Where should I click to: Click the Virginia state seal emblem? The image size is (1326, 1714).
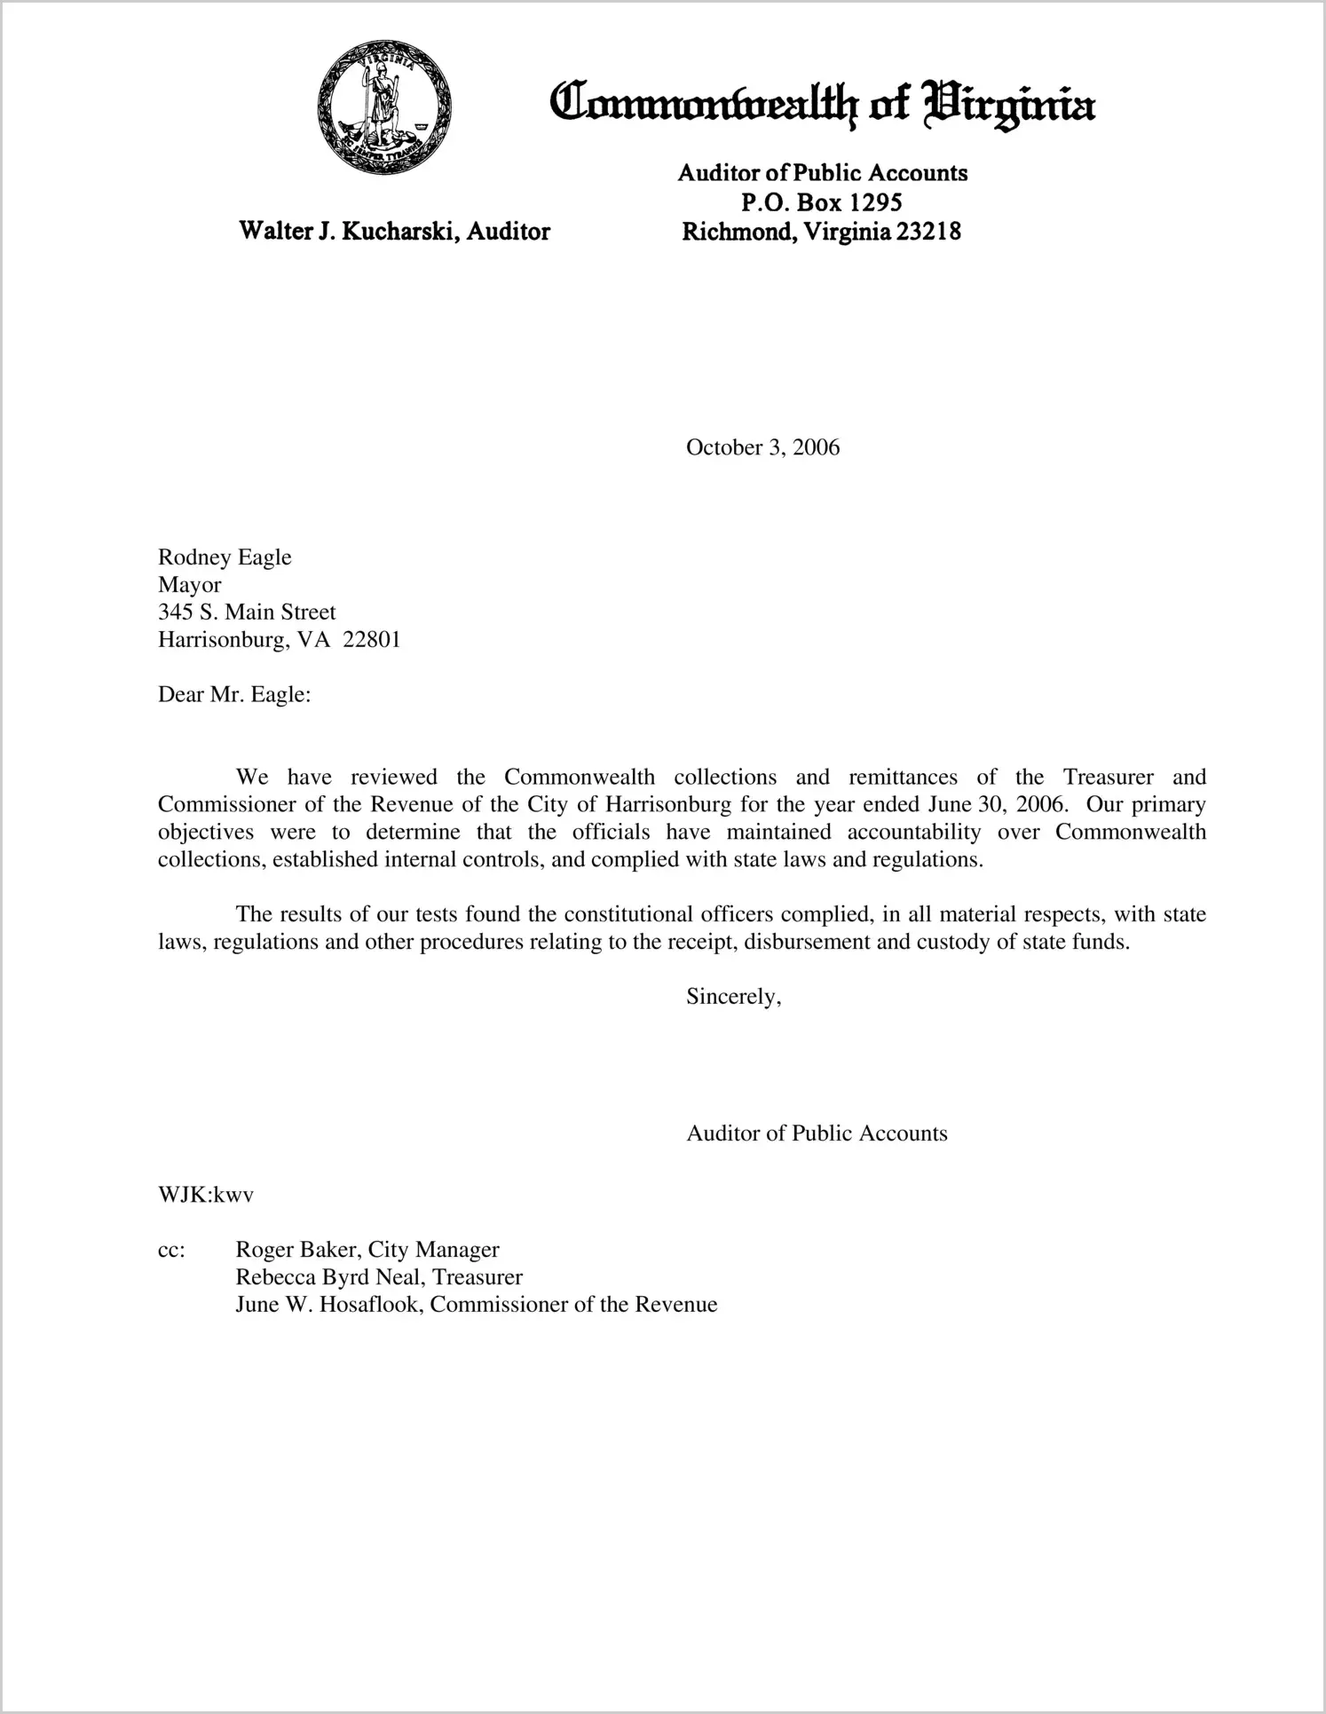[383, 107]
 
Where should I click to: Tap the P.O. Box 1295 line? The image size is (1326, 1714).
[822, 202]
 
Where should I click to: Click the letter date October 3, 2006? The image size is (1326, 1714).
[762, 447]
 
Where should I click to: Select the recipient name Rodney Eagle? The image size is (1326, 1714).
[225, 557]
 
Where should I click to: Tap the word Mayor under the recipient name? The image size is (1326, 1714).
[189, 585]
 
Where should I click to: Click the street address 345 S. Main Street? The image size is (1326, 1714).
[247, 612]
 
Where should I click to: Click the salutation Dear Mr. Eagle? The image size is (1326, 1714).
[234, 695]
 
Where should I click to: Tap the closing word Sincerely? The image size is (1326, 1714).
[733, 997]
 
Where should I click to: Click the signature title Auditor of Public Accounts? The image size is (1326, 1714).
[817, 1133]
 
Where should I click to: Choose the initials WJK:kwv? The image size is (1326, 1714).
[206, 1195]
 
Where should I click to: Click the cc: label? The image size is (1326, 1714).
[171, 1251]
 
